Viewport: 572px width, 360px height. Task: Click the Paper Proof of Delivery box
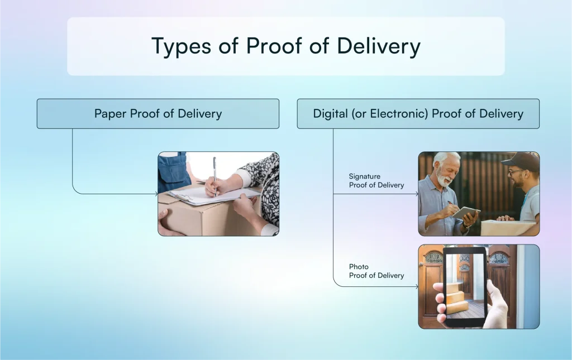pos(158,114)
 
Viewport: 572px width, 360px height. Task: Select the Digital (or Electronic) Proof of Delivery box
pos(418,114)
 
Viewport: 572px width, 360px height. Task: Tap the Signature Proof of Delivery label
pos(376,181)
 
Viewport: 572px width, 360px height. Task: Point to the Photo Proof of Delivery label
pos(376,271)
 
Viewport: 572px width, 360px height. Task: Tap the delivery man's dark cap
pos(520,161)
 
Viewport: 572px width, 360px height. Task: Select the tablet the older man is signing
pos(465,213)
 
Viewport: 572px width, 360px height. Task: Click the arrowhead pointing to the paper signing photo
pos(156,194)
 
